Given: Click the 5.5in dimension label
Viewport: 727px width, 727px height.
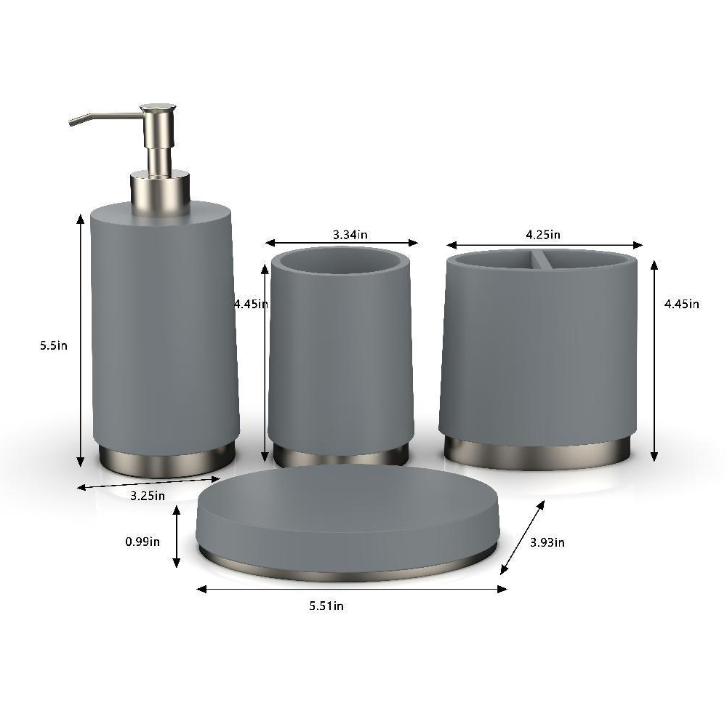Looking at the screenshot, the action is tap(54, 345).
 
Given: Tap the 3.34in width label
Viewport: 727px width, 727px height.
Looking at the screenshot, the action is tap(350, 235).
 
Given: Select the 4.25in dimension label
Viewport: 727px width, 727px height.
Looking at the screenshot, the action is tap(543, 235).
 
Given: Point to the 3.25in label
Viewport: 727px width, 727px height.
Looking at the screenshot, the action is tap(148, 496).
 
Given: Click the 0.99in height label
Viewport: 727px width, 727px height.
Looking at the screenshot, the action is tap(142, 541).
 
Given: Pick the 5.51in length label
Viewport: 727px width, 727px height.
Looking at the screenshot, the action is tap(326, 606).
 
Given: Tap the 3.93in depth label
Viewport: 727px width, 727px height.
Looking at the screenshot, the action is tap(547, 542).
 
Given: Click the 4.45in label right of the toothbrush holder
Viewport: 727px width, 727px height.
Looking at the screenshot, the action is tap(682, 304).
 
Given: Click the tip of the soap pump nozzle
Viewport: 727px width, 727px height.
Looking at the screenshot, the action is tap(71, 123).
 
